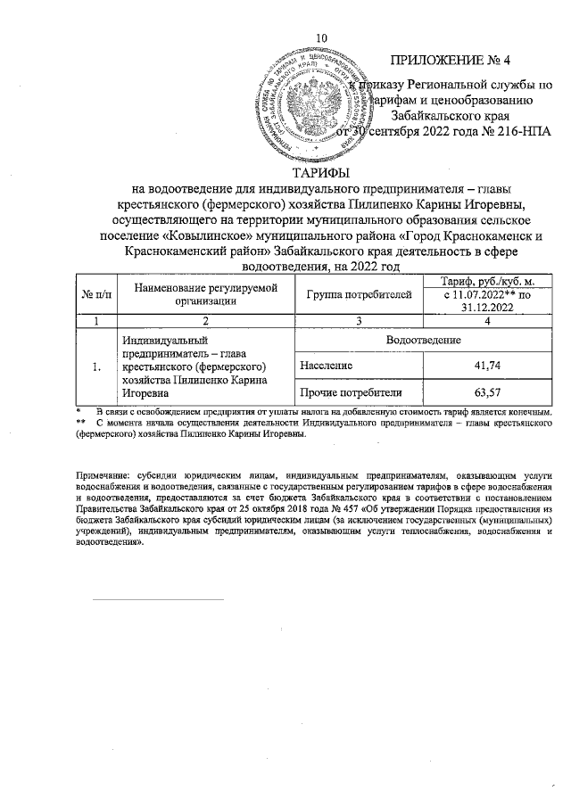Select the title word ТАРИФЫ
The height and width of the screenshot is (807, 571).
click(322, 172)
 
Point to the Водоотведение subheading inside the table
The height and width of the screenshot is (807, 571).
click(423, 341)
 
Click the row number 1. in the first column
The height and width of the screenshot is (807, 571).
click(95, 366)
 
